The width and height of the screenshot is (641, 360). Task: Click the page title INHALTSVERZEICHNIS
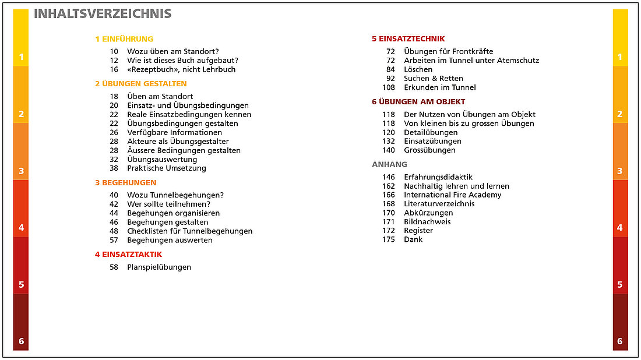coord(103,14)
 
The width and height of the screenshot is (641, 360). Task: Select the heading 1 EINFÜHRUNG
coord(124,39)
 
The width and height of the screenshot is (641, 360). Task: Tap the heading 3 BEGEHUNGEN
coord(125,182)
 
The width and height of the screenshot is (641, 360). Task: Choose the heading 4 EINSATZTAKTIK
coord(128,254)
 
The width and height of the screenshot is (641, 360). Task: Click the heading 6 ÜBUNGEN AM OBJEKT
coord(418,101)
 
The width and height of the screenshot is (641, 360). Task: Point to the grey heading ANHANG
coord(389,164)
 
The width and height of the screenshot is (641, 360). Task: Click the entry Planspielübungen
coord(159,267)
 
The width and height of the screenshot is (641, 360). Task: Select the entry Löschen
coord(418,69)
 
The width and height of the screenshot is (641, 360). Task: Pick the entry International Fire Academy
coord(452,195)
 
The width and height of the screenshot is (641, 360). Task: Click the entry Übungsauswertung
coord(162,159)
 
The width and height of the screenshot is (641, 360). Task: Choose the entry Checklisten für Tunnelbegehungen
coord(190,231)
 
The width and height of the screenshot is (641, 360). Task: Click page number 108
coord(389,87)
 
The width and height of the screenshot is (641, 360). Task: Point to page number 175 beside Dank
coord(389,239)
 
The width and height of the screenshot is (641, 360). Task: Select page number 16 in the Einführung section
coord(114,69)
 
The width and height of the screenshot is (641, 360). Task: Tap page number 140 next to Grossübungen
coord(389,150)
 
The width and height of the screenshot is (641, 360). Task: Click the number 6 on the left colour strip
coord(22,341)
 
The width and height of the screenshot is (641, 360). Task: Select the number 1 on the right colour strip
coord(619,57)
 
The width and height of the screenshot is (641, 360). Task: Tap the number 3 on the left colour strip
coord(22,171)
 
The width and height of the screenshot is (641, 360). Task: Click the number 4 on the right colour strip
coord(619,228)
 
